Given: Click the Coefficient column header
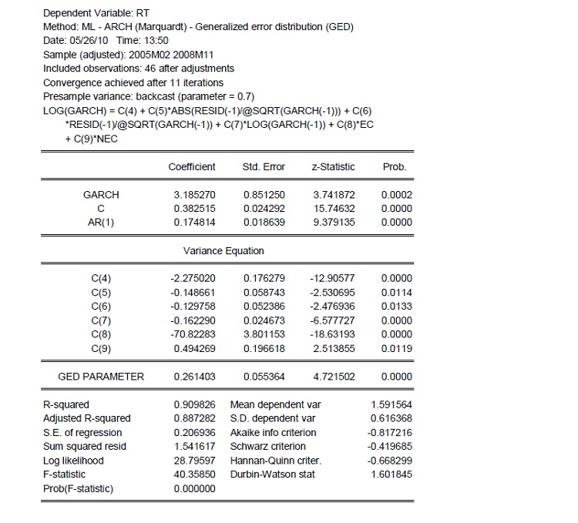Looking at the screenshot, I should click(192, 167).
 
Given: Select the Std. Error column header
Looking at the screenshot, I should click(264, 167).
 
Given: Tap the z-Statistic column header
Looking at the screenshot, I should click(332, 167).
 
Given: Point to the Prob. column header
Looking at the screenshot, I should click(394, 167).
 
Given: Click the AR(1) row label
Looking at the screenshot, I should click(101, 223).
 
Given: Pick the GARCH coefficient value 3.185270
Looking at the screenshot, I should click(195, 195).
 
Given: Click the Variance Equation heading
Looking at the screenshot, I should click(223, 250).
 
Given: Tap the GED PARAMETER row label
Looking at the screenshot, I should click(101, 377).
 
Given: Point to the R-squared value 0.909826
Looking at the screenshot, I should click(195, 404).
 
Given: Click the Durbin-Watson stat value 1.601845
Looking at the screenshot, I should click(391, 474).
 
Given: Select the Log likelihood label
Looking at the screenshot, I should click(73, 461).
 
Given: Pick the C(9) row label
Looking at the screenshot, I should click(101, 348).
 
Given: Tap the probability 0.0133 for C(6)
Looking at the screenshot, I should click(396, 307).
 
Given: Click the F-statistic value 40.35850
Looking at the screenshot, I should click(195, 474).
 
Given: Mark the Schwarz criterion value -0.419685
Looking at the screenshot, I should click(391, 447).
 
